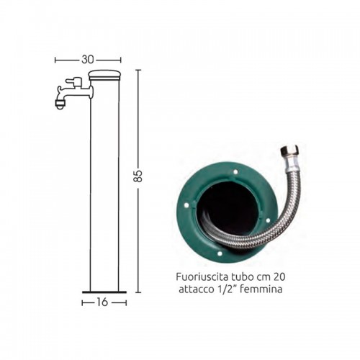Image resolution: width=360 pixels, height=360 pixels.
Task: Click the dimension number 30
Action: [88, 60]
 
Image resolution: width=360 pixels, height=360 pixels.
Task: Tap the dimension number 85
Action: [138, 176]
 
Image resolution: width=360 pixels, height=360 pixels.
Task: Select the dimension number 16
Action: [102, 302]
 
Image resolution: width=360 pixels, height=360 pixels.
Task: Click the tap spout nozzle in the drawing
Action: [60, 104]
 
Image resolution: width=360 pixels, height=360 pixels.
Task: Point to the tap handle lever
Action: [74, 81]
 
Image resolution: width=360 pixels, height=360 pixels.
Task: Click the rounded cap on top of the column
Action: [104, 75]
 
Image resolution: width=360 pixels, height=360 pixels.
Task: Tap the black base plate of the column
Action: [104, 292]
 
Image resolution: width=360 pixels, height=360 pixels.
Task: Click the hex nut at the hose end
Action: [289, 151]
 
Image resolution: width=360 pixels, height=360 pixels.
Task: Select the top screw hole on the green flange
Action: [235, 172]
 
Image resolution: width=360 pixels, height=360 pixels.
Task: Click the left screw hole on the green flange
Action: [186, 205]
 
